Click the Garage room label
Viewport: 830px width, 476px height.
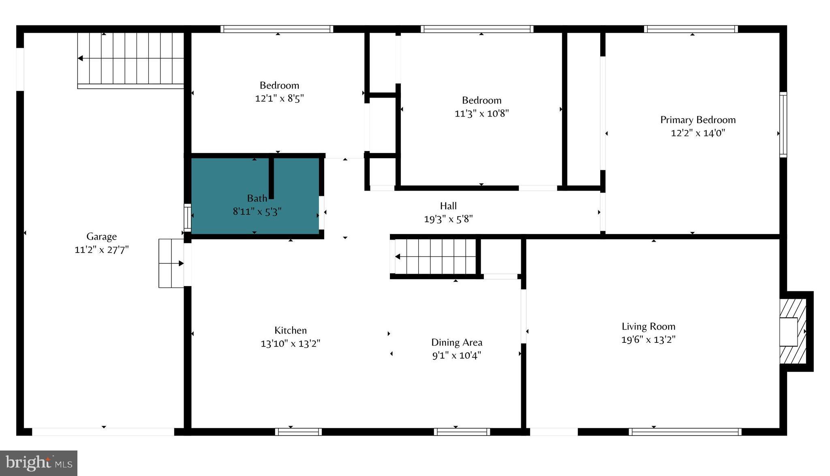[101, 236]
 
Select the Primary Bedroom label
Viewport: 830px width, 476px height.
[698, 120]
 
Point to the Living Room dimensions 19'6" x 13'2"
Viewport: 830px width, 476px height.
[648, 340]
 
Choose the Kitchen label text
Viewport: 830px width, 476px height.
[291, 330]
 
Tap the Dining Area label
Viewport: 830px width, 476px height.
[457, 342]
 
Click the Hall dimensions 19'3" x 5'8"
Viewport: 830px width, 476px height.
[448, 219]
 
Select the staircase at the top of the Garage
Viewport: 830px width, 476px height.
[130, 60]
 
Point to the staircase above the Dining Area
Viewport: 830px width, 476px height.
[435, 257]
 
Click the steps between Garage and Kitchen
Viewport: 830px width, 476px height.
[171, 263]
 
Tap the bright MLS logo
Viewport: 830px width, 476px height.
[39, 463]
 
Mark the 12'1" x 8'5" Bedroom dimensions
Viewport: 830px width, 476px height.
[279, 98]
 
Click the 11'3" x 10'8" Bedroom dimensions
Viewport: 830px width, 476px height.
[481, 113]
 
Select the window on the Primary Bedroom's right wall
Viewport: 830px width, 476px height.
[783, 125]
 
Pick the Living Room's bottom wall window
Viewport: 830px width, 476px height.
[685, 432]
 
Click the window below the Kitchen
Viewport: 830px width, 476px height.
[298, 432]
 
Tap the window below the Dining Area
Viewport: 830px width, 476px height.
[462, 432]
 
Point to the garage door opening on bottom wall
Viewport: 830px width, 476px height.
[103, 432]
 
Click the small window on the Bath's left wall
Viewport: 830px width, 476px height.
[188, 218]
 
